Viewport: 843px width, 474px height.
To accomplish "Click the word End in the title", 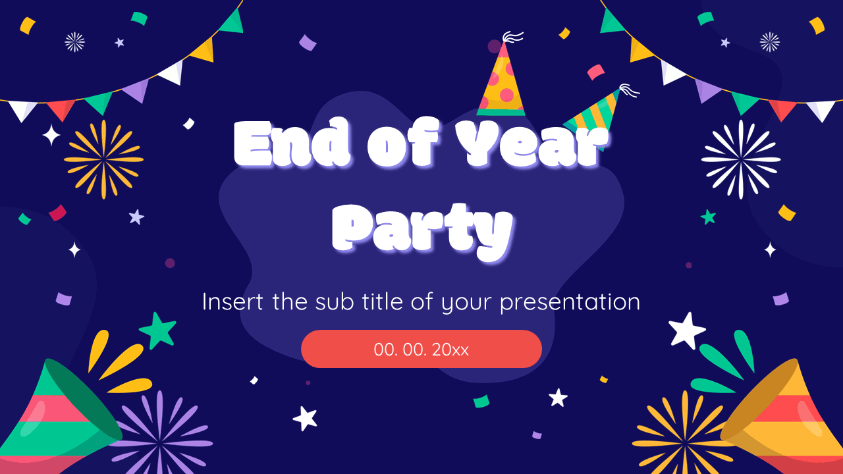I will tap(292, 145).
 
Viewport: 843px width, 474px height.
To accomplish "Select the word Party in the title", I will tap(422, 228).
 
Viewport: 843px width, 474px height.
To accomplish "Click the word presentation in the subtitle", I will tap(570, 302).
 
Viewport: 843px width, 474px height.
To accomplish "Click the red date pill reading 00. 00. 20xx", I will tap(421, 349).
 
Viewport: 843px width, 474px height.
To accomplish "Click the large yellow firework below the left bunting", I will tap(103, 159).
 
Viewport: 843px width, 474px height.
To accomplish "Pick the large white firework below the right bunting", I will tap(741, 159).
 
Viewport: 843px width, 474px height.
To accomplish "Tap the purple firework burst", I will tap(160, 431).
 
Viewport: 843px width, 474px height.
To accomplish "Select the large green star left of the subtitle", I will tap(158, 330).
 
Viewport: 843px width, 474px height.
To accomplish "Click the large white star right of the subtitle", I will tap(687, 330).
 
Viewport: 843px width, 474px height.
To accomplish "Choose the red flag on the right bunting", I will tap(782, 109).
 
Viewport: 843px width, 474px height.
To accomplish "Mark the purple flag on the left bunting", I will tap(137, 91).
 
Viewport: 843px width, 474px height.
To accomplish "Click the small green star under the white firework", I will tap(709, 217).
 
